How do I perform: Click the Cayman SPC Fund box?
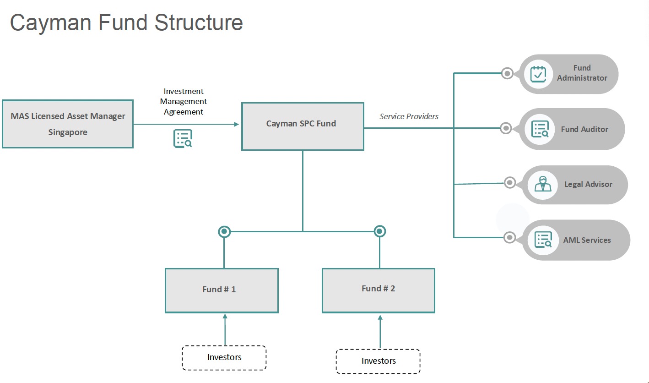point(303,126)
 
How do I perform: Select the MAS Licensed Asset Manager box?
point(68,124)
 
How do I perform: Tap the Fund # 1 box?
point(222,290)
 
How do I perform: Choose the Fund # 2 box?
point(379,290)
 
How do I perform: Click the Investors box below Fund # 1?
point(224,358)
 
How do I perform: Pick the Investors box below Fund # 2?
point(378,361)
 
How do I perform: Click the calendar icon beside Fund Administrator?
point(538,74)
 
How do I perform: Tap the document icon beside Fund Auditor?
point(540,129)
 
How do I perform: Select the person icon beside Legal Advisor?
point(543,184)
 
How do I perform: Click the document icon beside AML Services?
point(543,240)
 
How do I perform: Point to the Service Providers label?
point(409,116)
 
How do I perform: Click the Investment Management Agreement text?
point(184,101)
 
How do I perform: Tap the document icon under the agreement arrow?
point(183,139)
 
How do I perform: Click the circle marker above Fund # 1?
point(224,232)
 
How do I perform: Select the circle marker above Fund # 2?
point(379,231)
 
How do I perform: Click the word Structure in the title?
point(199,22)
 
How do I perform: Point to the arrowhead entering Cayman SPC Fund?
point(237,124)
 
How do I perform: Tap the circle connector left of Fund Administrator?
point(507,73)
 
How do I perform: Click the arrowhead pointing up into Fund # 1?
point(225,316)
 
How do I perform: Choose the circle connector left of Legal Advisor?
point(510,183)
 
